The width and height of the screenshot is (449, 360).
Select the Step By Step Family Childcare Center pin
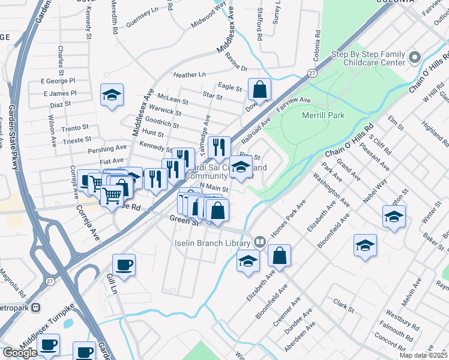(x=414, y=58)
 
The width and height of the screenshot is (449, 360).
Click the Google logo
(x=20, y=352)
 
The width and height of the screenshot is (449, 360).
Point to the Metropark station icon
(x=35, y=307)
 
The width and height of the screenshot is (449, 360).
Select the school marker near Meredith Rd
(x=111, y=95)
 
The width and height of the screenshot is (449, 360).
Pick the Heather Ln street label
(x=189, y=75)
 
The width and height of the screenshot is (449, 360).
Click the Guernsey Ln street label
(x=142, y=26)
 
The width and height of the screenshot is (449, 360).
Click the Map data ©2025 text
(x=423, y=355)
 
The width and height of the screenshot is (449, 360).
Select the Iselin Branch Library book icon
(x=259, y=242)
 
